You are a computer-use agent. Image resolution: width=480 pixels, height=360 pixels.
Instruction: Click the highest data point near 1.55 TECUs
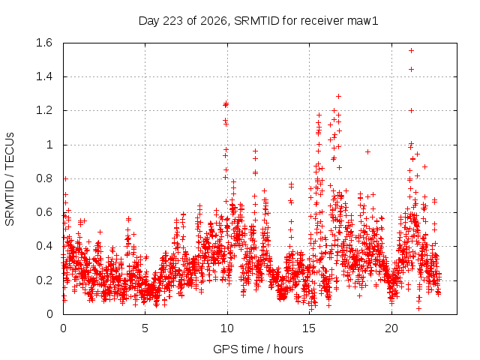click(412, 51)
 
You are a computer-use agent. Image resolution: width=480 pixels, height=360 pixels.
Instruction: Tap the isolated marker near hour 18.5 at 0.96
click(368, 151)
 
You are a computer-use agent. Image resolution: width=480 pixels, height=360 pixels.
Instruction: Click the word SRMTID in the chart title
click(256, 21)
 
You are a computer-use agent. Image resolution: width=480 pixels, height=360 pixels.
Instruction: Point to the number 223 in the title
click(172, 21)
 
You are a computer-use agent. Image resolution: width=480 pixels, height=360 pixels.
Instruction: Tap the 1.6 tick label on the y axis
click(44, 43)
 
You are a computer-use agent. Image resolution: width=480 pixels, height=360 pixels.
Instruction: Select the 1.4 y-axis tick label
click(44, 76)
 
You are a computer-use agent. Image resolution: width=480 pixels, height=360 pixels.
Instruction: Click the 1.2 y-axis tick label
click(44, 110)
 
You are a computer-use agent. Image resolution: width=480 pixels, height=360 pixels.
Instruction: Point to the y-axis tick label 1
click(49, 145)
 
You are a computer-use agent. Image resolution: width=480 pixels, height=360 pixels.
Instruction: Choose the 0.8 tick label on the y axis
click(44, 178)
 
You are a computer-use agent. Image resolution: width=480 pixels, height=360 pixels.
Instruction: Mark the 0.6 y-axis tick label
click(44, 212)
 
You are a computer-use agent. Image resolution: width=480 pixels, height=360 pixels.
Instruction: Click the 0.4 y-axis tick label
click(44, 246)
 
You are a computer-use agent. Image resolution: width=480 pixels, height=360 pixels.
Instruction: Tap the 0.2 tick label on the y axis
click(44, 280)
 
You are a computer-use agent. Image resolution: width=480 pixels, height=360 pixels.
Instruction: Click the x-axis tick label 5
click(145, 328)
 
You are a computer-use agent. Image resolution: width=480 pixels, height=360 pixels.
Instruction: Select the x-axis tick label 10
click(227, 328)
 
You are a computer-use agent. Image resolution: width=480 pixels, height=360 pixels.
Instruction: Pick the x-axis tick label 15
click(309, 328)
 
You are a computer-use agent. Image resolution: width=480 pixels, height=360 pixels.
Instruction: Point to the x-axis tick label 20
click(391, 328)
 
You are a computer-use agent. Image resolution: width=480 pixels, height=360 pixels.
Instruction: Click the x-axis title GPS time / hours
click(258, 349)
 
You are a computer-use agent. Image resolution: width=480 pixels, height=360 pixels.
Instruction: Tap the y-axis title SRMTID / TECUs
click(10, 179)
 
